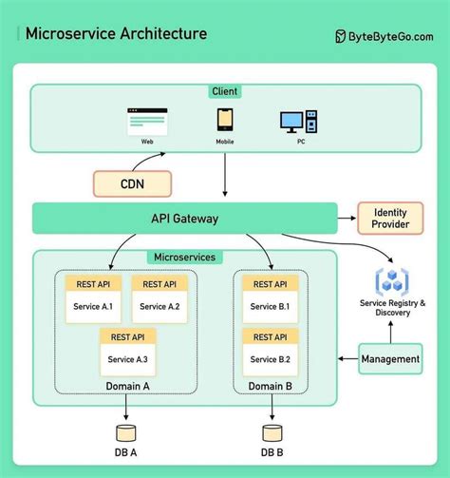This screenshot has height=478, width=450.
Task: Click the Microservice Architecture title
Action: (x=116, y=34)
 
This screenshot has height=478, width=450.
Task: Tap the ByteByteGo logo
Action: (x=384, y=35)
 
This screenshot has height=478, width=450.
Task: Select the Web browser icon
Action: (x=147, y=122)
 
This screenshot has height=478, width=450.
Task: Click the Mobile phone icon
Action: (x=225, y=121)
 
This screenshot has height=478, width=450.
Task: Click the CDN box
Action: (x=132, y=182)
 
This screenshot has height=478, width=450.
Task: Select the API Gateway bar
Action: (x=185, y=219)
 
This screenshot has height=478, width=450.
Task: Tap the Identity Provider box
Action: (x=390, y=218)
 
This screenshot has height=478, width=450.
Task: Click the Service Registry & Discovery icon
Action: (x=392, y=280)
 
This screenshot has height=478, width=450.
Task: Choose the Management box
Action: (x=390, y=359)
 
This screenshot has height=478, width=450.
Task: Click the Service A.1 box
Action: (x=92, y=307)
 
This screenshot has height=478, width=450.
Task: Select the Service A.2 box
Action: (x=159, y=307)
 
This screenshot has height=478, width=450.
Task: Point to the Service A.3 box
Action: (x=127, y=359)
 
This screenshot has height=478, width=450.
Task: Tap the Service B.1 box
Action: (x=270, y=307)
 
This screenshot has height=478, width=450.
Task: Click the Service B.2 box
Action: (x=270, y=359)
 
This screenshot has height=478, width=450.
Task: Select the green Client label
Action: (x=225, y=91)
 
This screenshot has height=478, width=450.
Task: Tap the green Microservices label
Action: (x=184, y=257)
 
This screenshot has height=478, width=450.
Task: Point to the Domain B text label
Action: (x=270, y=385)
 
